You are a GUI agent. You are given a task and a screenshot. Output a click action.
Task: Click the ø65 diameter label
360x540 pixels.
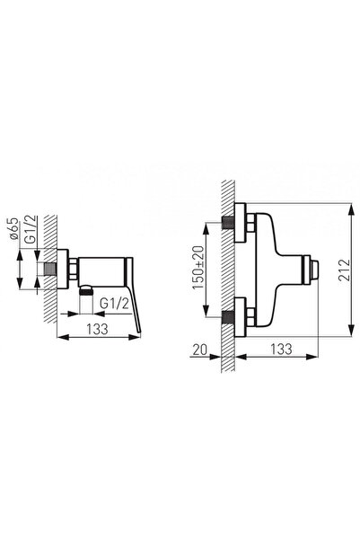coord(13,229)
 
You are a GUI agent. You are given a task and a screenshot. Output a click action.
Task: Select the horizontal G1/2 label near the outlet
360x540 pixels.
coord(115,304)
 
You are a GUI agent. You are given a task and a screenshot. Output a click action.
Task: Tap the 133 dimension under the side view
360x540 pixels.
coord(97,329)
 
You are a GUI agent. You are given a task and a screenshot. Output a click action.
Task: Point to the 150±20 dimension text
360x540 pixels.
coord(198,268)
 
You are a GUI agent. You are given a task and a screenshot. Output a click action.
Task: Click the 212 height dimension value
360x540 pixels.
coord(344,270)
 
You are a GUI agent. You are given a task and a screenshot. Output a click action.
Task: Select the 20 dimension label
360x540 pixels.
coord(200,350)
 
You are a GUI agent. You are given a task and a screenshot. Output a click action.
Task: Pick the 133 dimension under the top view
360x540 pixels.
coord(281,350)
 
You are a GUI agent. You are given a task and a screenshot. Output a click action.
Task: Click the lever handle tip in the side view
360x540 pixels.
coord(139,332)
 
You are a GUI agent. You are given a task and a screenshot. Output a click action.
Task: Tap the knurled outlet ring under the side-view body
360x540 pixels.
coord(86,292)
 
